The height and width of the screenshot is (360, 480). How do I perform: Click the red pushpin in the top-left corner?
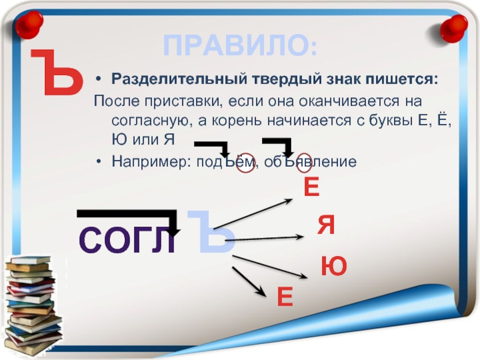[x=29, y=25]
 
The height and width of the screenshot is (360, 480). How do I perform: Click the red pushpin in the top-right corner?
[x=454, y=29]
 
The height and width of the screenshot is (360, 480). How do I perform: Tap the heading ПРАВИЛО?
[x=241, y=46]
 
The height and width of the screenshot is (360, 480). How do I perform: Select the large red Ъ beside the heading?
[x=57, y=72]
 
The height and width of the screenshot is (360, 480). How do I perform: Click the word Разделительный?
[x=179, y=79]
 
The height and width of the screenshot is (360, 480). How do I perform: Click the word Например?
[x=149, y=161]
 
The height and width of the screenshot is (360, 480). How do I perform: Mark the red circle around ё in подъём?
[x=245, y=163]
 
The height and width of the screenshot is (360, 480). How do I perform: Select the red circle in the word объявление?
[x=305, y=163]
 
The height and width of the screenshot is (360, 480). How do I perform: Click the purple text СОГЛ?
[x=127, y=241]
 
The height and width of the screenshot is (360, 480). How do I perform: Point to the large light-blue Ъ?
[x=211, y=232]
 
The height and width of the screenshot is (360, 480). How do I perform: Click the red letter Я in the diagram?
[x=326, y=225]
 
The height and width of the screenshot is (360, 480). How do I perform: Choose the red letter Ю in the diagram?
[x=334, y=266]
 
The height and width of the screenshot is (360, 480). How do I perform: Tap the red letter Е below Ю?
[x=285, y=296]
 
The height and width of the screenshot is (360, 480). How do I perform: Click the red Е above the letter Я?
[x=311, y=187]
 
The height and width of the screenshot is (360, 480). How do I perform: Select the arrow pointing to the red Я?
[x=264, y=238]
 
